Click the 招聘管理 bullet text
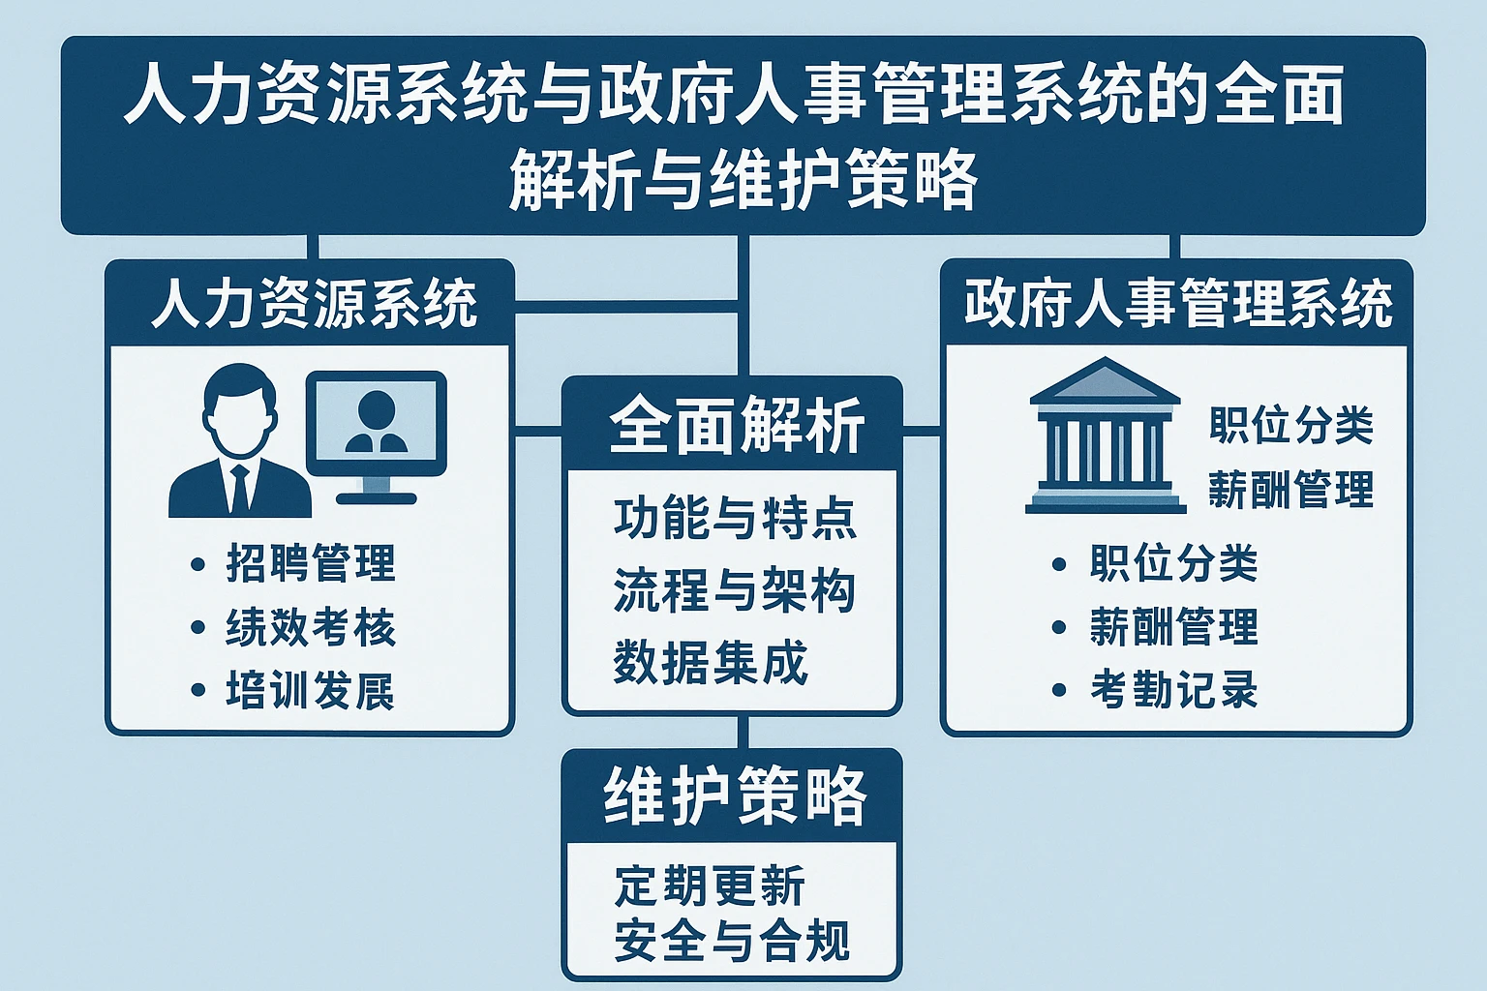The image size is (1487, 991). click(x=311, y=563)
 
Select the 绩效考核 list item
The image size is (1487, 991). click(x=311, y=627)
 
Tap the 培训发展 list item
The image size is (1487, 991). click(x=311, y=691)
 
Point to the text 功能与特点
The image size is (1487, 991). click(x=735, y=518)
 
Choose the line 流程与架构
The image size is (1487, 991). click(x=735, y=589)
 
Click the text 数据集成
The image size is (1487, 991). click(x=711, y=663)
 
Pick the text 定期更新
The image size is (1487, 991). click(x=710, y=886)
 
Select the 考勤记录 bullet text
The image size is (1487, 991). click(x=1174, y=690)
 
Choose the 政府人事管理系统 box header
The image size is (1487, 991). click(x=1177, y=303)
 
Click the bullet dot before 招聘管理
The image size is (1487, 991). click(x=198, y=564)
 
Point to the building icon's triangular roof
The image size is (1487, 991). click(x=1105, y=380)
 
